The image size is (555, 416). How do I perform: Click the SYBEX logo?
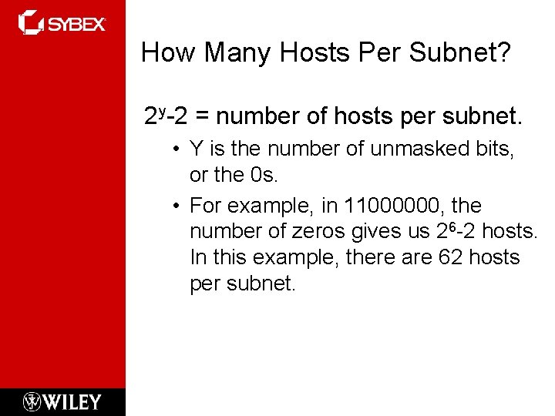click(62, 23)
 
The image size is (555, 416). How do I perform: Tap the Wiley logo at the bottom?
click(62, 401)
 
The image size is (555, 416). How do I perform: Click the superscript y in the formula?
click(163, 112)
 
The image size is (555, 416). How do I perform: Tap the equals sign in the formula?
click(203, 118)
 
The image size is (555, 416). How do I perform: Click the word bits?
click(493, 149)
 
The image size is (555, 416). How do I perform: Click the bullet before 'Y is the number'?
click(177, 150)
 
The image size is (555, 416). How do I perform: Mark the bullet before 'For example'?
click(177, 206)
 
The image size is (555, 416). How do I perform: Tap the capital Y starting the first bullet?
click(196, 149)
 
